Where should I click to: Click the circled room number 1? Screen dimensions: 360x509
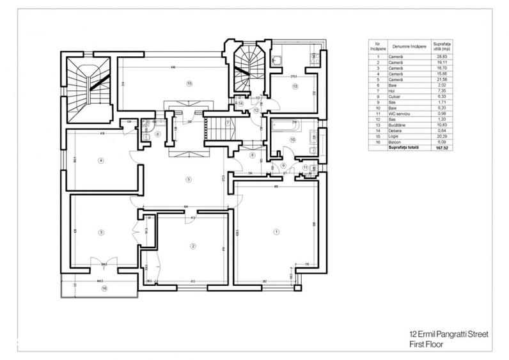pyautogui.click(x=276, y=231)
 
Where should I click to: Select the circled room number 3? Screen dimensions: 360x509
pyautogui.click(x=101, y=232)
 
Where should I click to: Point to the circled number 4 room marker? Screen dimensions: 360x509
pyautogui.click(x=101, y=160)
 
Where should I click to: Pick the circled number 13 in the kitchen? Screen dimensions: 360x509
pyautogui.click(x=295, y=86)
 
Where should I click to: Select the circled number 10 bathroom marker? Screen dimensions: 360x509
pyautogui.click(x=293, y=139)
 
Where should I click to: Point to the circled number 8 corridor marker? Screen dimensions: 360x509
pyautogui.click(x=252, y=155)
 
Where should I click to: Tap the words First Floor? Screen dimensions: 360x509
pyautogui.click(x=427, y=343)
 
